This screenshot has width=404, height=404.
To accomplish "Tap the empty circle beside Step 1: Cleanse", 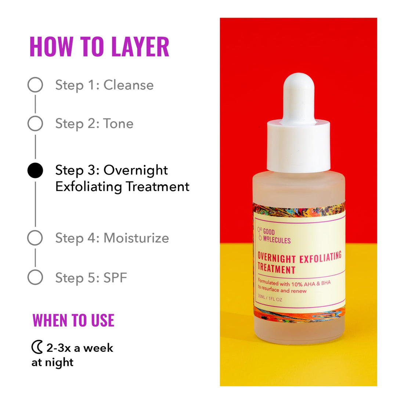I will [35, 85].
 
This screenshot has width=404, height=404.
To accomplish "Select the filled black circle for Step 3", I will [35, 170].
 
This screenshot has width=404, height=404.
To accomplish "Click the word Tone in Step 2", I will [118, 124].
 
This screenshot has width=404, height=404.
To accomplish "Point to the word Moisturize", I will [136, 238].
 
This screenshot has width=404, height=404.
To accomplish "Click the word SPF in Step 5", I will [115, 278].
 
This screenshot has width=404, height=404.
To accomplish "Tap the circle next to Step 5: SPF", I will [35, 277].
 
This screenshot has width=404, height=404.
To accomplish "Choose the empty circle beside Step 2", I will [35, 124].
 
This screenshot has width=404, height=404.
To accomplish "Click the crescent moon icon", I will [37, 347].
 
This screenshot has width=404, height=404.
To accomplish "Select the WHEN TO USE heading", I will [73, 320].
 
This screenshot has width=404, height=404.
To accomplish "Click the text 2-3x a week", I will [80, 347].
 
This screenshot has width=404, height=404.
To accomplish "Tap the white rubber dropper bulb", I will [298, 97].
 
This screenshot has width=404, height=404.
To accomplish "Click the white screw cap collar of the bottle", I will [298, 147].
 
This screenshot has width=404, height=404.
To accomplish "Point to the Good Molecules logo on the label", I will [274, 236].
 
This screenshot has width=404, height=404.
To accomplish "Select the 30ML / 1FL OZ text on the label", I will [270, 299].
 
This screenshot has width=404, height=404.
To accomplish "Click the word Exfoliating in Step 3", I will [89, 187].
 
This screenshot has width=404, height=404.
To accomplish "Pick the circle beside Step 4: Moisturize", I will [35, 238].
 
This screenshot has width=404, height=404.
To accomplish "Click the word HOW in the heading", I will [51, 47].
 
